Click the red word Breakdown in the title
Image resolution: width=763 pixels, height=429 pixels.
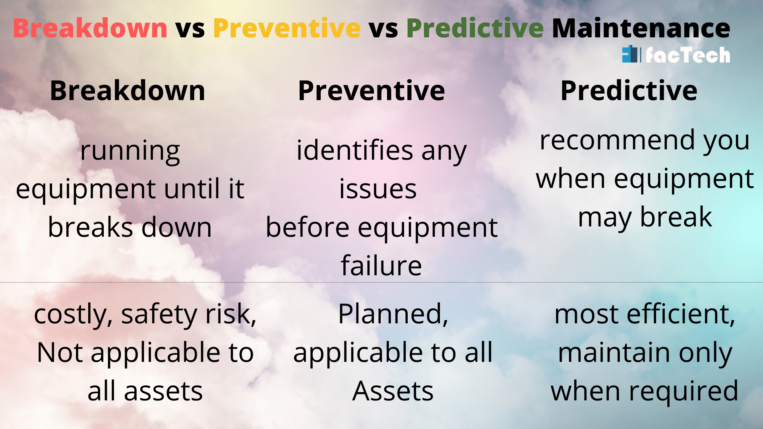click(90, 29)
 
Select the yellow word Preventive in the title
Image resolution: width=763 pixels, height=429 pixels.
click(287, 29)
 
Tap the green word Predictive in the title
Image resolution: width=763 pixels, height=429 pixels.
click(474, 29)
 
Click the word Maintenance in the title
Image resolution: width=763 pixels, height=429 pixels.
click(641, 29)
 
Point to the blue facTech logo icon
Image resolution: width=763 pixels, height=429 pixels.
click(631, 54)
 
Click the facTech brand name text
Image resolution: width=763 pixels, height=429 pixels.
click(688, 55)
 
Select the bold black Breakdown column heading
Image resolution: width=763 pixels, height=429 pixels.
click(127, 91)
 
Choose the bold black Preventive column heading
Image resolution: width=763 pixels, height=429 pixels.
click(371, 91)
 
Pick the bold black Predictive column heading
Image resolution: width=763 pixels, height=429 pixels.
click(628, 91)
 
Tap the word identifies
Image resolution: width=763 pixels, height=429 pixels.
click(355, 151)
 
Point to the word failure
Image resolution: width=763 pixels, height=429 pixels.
click(381, 266)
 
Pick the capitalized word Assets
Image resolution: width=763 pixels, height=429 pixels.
click(393, 391)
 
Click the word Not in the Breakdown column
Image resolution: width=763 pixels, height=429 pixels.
click(60, 353)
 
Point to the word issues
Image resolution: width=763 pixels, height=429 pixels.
click(378, 189)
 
